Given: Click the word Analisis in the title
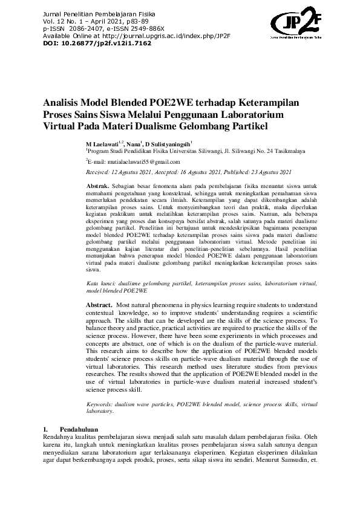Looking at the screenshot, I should (64, 104).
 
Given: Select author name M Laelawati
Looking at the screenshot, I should (103, 144).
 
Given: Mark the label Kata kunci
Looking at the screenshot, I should (100, 282).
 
